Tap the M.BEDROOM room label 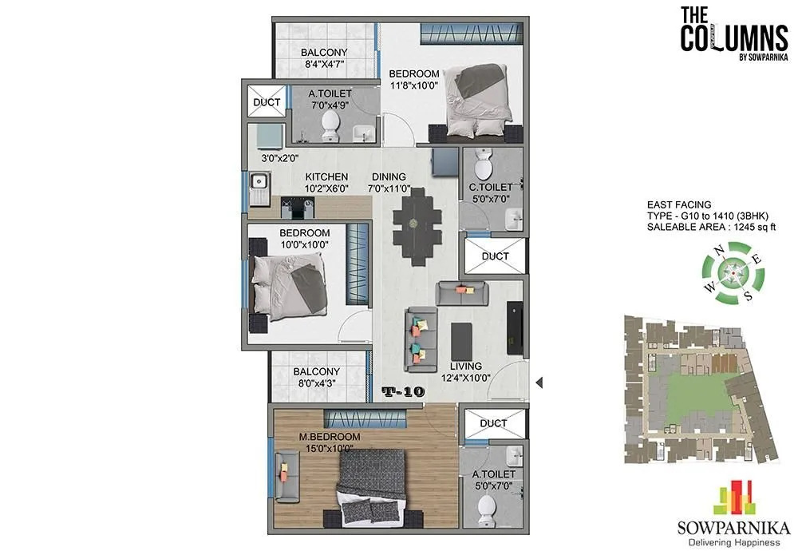click(x=330, y=437)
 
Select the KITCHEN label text click(x=326, y=176)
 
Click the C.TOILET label click(x=489, y=188)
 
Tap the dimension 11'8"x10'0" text click(x=414, y=85)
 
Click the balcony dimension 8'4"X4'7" click(x=324, y=65)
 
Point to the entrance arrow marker click(x=539, y=383)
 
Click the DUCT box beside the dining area click(x=496, y=256)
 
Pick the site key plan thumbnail click(x=701, y=390)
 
